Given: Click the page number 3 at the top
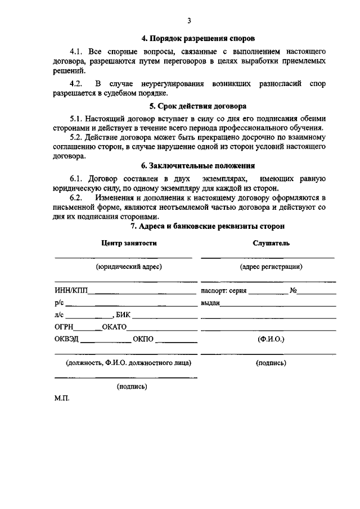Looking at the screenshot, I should click(189, 21).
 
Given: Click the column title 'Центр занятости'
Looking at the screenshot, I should click(129, 243).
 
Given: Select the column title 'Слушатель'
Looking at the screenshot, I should click(272, 243).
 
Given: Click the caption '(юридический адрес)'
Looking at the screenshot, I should click(129, 267).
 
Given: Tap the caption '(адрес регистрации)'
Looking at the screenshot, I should click(271, 267).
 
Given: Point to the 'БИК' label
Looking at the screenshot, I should click(123, 315).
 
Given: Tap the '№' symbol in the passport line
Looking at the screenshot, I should click(293, 291).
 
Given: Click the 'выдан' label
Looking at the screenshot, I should click(210, 303).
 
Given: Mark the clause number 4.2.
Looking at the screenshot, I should click(77, 84).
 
